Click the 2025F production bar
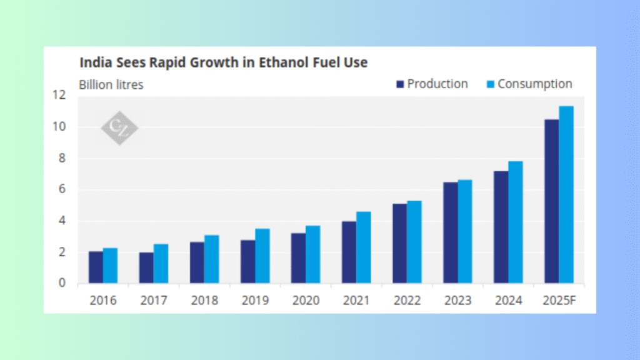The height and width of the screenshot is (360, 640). (551, 201)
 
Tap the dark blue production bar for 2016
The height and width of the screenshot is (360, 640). (96, 267)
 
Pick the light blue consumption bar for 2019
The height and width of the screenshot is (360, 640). (262, 256)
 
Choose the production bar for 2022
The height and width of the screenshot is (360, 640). (399, 244)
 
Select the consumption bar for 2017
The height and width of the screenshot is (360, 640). (161, 264)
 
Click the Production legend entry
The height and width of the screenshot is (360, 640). (431, 84)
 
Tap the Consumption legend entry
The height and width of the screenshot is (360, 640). (528, 84)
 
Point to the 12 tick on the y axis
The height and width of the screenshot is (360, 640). (59, 96)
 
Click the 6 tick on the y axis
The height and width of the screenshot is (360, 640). (62, 189)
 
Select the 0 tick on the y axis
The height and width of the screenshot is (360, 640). (62, 283)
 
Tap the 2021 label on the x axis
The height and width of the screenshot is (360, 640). (356, 301)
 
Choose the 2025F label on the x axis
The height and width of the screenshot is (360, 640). (559, 301)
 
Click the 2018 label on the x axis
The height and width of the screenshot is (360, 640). (204, 301)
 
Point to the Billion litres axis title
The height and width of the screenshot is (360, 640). (111, 84)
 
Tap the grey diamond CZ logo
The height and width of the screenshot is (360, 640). (119, 129)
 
